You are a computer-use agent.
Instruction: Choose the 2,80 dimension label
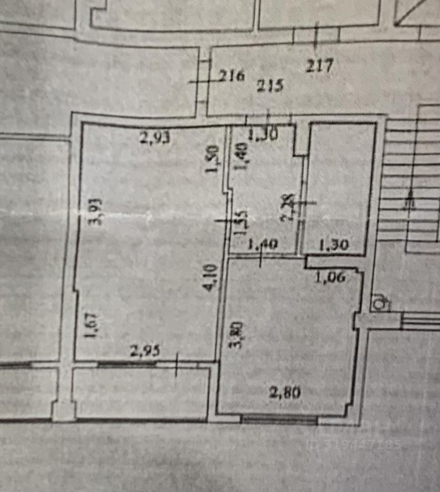[x=285, y=393]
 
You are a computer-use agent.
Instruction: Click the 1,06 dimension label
[x=330, y=277]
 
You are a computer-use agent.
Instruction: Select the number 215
[x=270, y=85]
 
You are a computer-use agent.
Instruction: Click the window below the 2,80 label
[x=279, y=420]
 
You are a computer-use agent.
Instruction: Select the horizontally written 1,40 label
[x=263, y=245]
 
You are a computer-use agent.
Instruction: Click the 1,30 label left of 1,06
[x=334, y=245]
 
